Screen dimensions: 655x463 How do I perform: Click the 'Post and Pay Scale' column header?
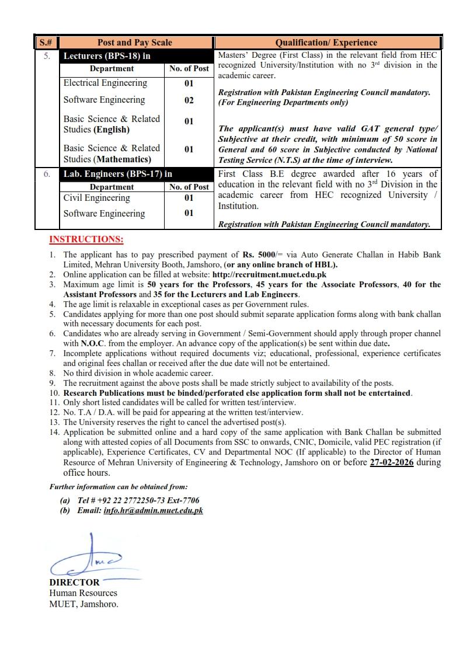click(135, 43)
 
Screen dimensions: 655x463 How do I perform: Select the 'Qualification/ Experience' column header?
click(326, 43)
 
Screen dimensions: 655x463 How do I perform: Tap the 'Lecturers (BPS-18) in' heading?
click(107, 56)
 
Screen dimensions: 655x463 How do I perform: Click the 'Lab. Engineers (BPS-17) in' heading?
click(118, 174)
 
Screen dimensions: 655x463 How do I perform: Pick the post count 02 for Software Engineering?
click(189, 100)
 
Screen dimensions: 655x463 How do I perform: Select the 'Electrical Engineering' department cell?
click(105, 83)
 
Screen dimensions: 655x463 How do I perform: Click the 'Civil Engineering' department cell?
click(96, 198)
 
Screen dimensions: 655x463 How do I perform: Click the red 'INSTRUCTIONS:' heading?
click(86, 239)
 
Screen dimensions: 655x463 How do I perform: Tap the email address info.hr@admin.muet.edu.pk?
click(153, 510)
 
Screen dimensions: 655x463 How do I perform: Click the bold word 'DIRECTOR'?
click(74, 583)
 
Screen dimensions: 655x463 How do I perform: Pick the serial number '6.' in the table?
click(46, 174)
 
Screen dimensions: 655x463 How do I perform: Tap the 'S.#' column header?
click(46, 43)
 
